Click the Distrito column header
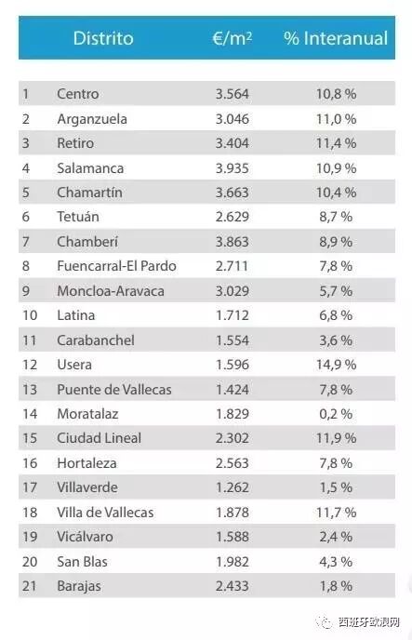click(103, 38)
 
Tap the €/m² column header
click(233, 38)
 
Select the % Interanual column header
click(336, 38)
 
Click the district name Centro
click(77, 94)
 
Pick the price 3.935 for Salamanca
click(233, 168)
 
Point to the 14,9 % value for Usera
click(336, 365)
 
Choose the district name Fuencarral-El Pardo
click(116, 266)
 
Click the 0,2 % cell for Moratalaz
click(336, 414)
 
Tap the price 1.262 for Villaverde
click(233, 487)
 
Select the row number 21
click(30, 586)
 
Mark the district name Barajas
click(79, 587)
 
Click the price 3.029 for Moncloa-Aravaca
click(233, 291)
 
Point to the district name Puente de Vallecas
click(114, 390)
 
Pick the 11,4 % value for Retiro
click(336, 143)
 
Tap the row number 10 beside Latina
click(30, 315)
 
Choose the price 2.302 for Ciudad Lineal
click(233, 438)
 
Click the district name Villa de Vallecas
click(105, 513)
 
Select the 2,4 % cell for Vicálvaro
click(336, 537)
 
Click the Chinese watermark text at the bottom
click(368, 622)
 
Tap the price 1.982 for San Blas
click(233, 562)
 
